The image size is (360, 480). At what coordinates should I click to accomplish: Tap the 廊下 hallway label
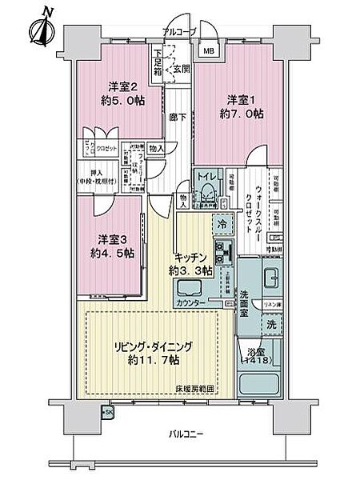click(x=174, y=114)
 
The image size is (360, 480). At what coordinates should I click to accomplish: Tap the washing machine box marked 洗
click(x=272, y=326)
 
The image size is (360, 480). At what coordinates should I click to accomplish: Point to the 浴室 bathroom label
click(x=254, y=349)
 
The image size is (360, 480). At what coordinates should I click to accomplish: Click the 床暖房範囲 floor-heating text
click(x=198, y=389)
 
